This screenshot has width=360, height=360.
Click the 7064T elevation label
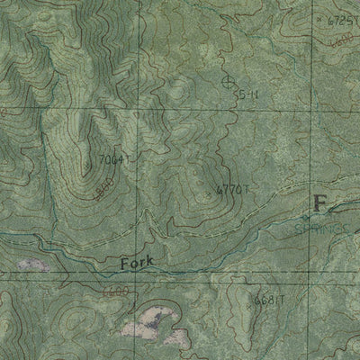click(116, 159)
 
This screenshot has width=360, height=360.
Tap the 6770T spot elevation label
click(232, 189)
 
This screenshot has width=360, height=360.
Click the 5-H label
click(247, 94)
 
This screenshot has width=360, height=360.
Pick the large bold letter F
click(319, 203)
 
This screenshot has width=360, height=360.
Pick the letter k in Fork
click(150, 262)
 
